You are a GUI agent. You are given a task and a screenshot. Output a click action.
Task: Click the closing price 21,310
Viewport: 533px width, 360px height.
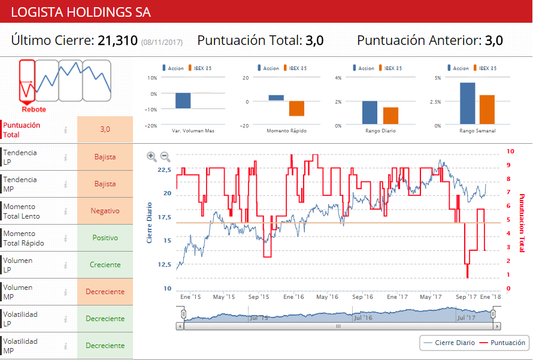(x=117, y=41)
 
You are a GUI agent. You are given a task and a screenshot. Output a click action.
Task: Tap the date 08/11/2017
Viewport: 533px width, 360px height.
(x=162, y=42)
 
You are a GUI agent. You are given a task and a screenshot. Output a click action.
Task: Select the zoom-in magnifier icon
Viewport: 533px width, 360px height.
(x=152, y=156)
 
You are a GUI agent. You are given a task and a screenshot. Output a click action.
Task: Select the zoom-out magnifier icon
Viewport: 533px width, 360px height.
(x=165, y=156)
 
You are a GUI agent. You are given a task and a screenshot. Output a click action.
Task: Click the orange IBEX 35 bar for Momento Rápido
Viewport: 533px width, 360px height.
(x=296, y=108)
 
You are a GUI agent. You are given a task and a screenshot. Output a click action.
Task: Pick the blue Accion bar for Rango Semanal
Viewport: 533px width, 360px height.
(x=467, y=104)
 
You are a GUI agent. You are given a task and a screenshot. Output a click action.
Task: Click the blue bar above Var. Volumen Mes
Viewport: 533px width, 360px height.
(x=183, y=101)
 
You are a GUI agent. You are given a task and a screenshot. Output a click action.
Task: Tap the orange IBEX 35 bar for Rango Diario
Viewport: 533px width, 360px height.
(x=390, y=116)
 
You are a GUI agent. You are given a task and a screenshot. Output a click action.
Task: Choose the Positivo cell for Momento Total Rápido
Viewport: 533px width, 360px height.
(x=105, y=238)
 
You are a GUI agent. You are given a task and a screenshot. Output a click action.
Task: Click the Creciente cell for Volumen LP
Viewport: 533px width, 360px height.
(x=105, y=265)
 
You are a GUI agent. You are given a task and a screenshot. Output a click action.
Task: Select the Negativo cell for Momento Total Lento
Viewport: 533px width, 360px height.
(x=105, y=211)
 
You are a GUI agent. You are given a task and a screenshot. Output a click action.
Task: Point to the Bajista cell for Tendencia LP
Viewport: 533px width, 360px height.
(x=105, y=157)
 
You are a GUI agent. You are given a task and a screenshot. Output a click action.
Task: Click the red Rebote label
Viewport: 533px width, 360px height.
(x=34, y=110)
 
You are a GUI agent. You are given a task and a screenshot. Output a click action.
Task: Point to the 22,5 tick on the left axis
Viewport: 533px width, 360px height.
(x=164, y=170)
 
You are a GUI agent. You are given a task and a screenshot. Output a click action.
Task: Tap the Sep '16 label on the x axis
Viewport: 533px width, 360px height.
(x=363, y=297)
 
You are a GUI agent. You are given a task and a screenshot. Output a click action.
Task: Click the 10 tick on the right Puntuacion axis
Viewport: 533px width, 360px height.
(x=510, y=152)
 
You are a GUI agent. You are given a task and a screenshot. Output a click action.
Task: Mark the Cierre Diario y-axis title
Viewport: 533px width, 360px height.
(x=150, y=222)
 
